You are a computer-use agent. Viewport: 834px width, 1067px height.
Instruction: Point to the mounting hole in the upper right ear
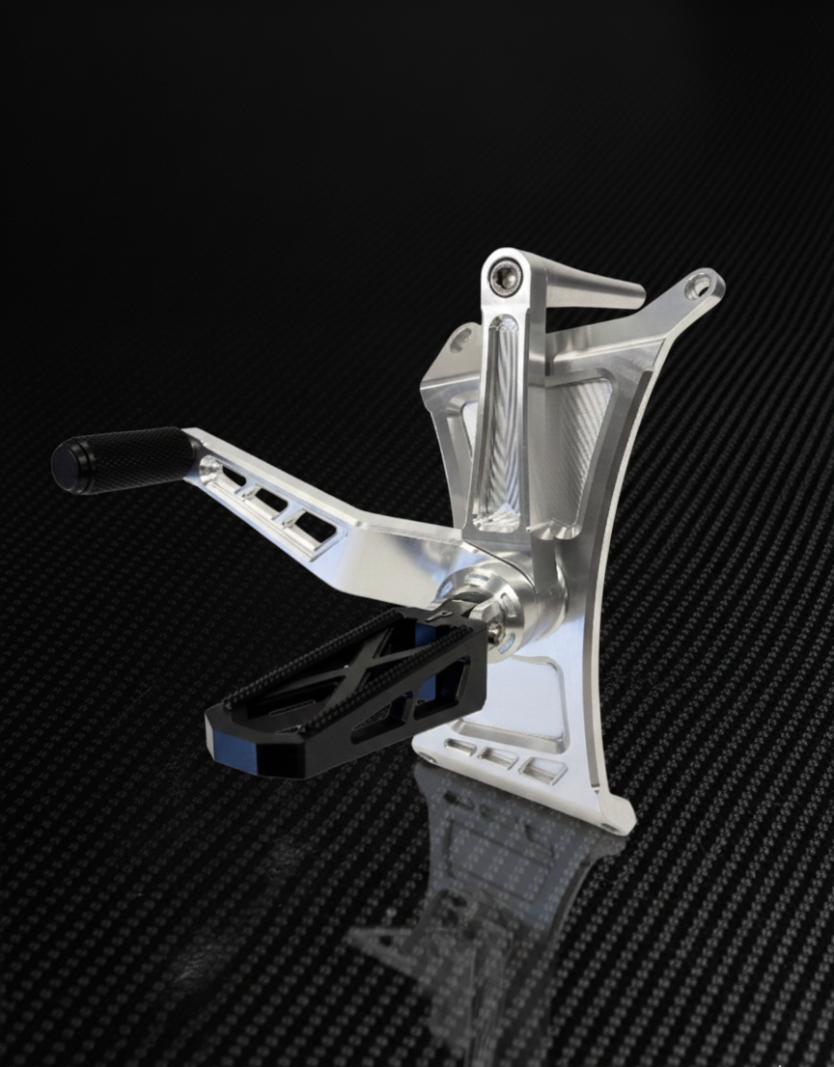(698, 286)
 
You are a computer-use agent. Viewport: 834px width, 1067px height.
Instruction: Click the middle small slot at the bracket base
(499, 758)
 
